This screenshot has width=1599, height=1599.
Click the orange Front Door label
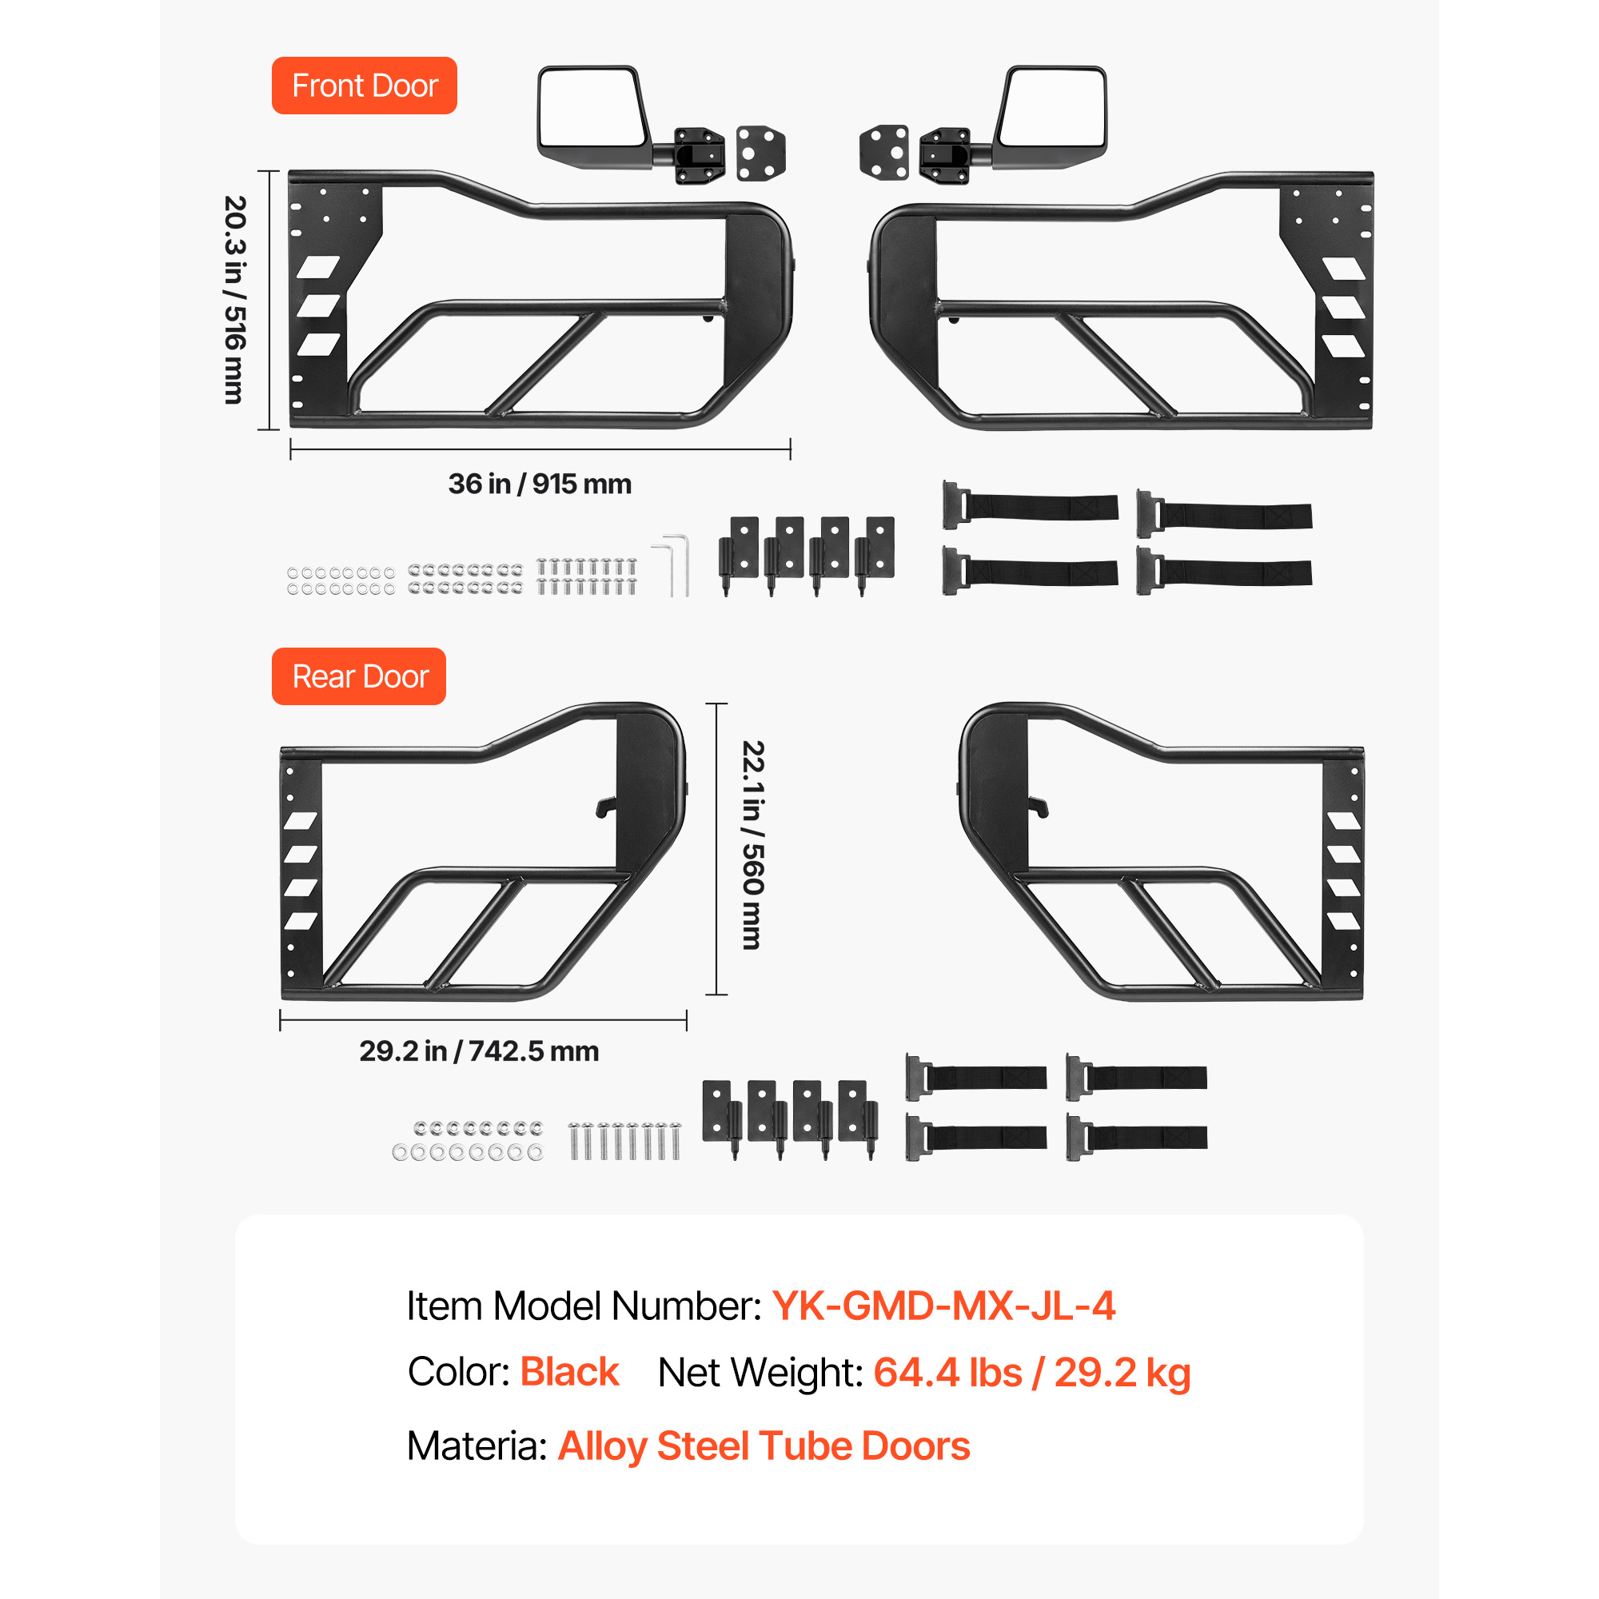point(364,86)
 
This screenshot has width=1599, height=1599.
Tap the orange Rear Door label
point(358,676)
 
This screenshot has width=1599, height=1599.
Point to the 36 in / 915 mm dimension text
point(540,484)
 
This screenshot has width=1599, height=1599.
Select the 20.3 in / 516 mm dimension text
point(235,300)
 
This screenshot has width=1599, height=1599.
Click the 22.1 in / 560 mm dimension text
point(752,844)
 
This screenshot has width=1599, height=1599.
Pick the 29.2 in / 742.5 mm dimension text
point(479,1051)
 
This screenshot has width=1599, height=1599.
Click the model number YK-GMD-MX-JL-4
point(944,1306)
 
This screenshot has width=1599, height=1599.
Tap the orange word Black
point(569,1372)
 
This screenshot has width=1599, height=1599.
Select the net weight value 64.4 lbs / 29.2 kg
point(1032,1373)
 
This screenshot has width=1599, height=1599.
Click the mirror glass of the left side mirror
point(589,107)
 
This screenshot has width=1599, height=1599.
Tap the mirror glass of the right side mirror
point(1052,107)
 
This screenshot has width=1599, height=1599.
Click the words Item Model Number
point(584,1307)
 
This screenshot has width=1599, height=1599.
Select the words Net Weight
point(760,1373)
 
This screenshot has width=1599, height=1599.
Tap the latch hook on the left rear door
point(606,806)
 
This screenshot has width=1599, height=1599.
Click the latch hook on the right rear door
point(1039,806)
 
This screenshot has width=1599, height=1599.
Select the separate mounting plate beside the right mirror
point(884,151)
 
